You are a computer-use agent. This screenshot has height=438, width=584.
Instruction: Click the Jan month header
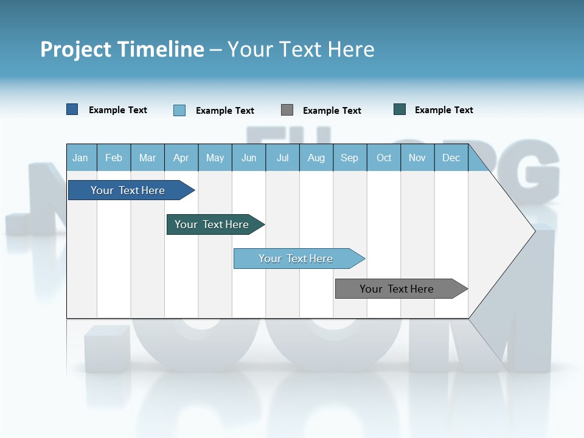coord(80,158)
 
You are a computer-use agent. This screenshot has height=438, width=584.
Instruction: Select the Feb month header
coord(114,158)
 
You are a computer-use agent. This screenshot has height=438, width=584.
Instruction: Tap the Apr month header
coord(181,158)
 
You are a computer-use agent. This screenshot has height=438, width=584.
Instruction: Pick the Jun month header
coord(248,158)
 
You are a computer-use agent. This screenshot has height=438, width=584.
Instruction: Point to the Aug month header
coord(316,158)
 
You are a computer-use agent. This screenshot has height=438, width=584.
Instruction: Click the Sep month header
coord(349,158)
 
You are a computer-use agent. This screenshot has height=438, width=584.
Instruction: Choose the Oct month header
coord(384,158)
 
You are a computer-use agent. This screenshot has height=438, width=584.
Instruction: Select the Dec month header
coord(451,158)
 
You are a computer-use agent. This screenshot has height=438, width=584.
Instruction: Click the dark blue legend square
coord(72,109)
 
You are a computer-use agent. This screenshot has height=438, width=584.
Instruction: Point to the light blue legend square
coord(179,110)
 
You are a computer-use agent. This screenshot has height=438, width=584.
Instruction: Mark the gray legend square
coord(287,110)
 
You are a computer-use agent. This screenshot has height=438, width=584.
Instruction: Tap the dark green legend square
coord(400,109)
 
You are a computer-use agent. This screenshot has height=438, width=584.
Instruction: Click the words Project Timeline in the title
coord(122,49)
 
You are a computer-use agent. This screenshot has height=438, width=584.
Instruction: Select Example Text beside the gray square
coord(332,111)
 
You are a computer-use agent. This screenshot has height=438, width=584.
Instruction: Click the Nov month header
coord(417,158)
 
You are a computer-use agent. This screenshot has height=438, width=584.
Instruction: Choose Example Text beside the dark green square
coord(444,110)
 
